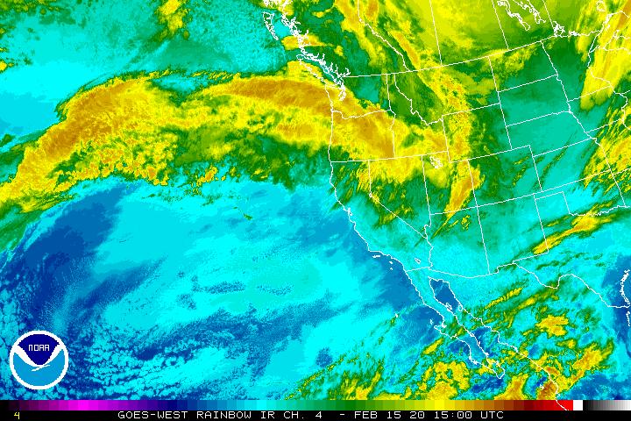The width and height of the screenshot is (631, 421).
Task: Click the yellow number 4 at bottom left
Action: pos(17,415)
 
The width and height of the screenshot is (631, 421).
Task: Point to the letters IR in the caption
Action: pos(255,415)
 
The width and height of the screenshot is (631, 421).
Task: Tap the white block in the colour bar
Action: pos(578,405)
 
